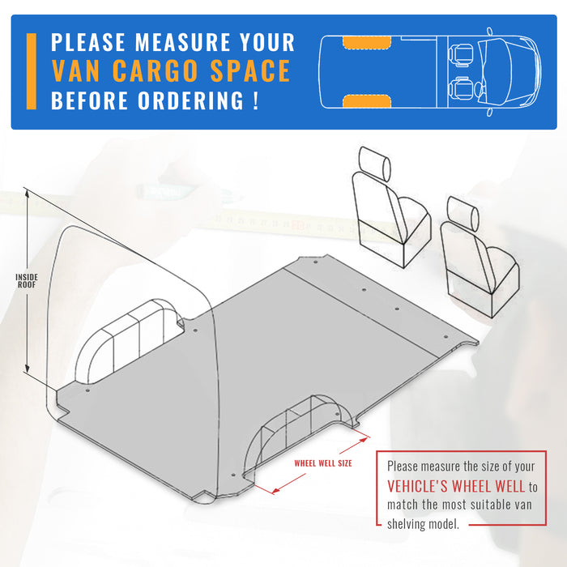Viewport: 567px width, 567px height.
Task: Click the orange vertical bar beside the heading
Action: click(32, 71)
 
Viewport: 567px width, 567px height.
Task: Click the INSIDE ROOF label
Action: click(27, 281)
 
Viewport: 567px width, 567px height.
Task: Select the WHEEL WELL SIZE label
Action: click(322, 463)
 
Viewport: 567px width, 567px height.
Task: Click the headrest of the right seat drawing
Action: click(463, 211)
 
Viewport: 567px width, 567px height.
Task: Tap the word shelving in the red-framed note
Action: click(411, 524)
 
